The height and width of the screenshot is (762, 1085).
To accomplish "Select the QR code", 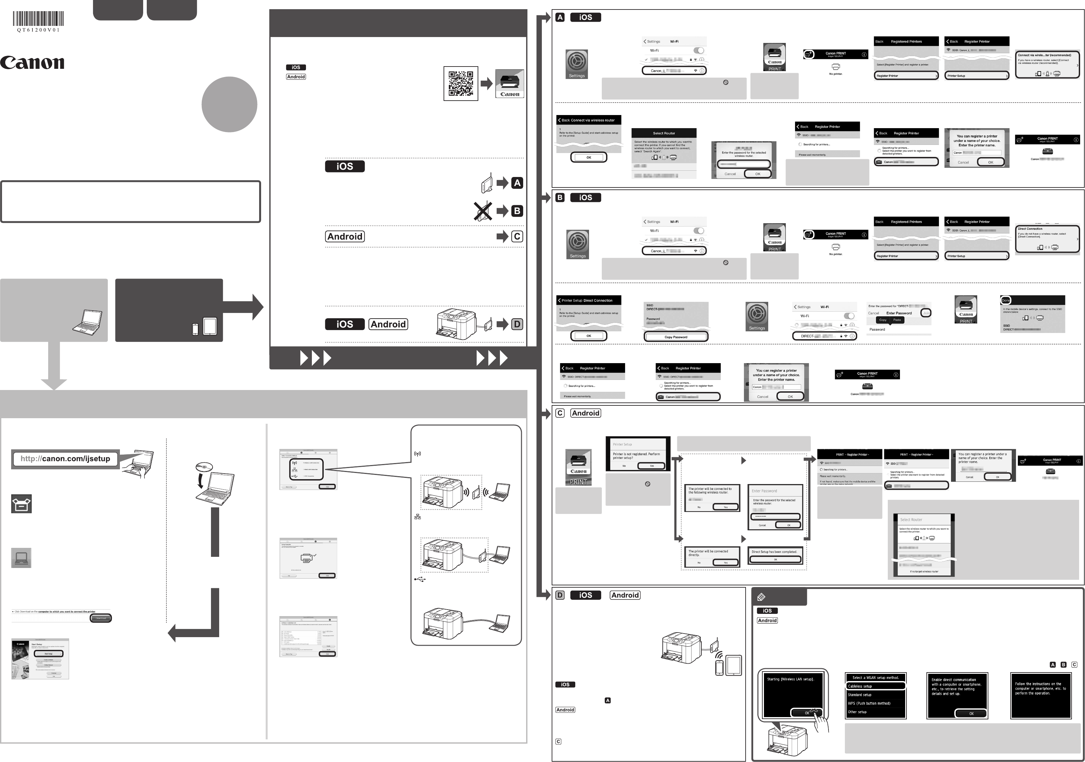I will tap(461, 84).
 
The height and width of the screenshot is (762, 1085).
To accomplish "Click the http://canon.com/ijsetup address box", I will tap(65, 459).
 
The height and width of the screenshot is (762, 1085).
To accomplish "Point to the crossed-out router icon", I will tap(483, 211).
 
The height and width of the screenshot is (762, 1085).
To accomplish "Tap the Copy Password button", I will tap(676, 337).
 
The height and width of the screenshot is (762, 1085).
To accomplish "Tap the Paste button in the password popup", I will tap(897, 320).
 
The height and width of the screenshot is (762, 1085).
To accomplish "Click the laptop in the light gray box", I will tap(87, 322).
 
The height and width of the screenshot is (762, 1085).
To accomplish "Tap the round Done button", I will tap(1006, 300).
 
